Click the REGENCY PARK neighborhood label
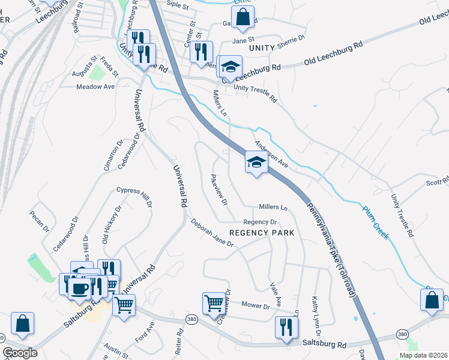(x=262, y=233)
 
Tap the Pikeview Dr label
(x=218, y=190)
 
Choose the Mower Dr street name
(x=256, y=305)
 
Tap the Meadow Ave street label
(x=95, y=86)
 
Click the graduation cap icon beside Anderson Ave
(x=256, y=163)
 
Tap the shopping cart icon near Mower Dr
(x=214, y=304)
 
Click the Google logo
(x=20, y=353)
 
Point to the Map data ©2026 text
(x=423, y=355)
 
